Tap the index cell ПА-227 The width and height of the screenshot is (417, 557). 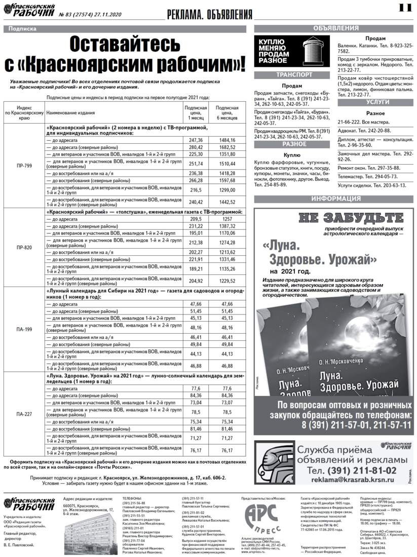pos(24,414)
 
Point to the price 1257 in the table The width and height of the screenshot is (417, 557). pos(228,219)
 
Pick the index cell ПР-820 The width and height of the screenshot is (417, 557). pos(24,248)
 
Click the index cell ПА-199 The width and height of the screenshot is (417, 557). pos(24,330)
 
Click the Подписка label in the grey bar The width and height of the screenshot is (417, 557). pos(23,29)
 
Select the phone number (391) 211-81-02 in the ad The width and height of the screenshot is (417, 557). pos(355,469)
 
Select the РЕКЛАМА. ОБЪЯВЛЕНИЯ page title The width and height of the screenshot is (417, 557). pos(209,14)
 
